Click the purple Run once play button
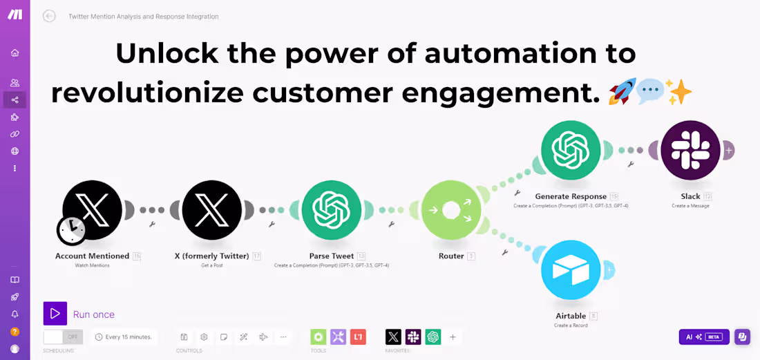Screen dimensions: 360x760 point(55,314)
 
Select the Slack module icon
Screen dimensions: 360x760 point(690,150)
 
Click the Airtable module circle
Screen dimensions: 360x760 point(571,269)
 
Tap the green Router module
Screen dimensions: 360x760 point(450,210)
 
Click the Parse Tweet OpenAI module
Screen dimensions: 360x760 point(332,210)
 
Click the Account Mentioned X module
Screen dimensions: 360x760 point(93,210)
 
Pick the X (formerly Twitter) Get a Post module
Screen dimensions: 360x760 point(212,210)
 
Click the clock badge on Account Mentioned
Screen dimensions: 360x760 point(72,230)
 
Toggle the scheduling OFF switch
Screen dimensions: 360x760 point(63,337)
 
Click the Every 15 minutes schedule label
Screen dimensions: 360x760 point(124,337)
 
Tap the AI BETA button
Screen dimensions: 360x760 point(704,337)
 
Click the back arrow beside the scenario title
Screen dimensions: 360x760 point(49,16)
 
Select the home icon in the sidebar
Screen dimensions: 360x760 point(15,53)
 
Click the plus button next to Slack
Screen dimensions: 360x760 point(728,150)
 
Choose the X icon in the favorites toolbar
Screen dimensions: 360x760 point(393,337)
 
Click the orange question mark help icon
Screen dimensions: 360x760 point(15,332)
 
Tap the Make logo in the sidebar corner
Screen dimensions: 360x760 point(15,15)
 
